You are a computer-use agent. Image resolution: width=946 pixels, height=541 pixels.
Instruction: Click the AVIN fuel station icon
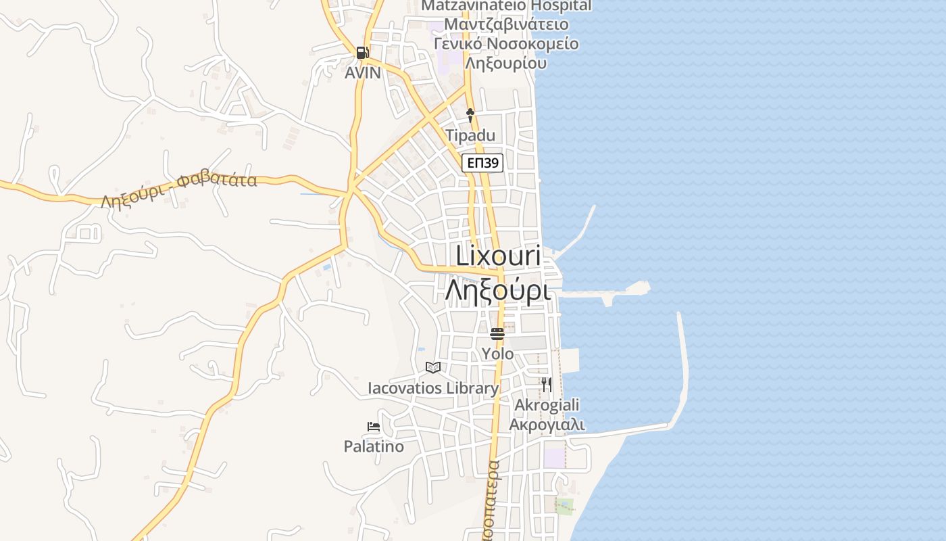pyautogui.click(x=362, y=53)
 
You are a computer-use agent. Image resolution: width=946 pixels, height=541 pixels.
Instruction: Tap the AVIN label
pyautogui.click(x=363, y=72)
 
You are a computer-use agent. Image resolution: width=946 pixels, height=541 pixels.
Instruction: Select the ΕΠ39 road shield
pyautogui.click(x=483, y=162)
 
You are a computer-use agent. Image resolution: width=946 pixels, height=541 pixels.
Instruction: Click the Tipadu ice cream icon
pyautogui.click(x=470, y=115)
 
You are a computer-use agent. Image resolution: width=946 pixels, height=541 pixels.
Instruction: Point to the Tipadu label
pyautogui.click(x=470, y=135)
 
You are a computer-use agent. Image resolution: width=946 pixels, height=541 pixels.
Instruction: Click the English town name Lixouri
pyautogui.click(x=498, y=256)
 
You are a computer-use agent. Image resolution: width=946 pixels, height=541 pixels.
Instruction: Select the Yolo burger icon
pyautogui.click(x=497, y=333)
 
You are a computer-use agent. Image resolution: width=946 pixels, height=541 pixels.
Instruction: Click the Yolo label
pyautogui.click(x=497, y=353)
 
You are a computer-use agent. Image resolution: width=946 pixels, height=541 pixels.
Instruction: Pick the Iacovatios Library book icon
pyautogui.click(x=433, y=367)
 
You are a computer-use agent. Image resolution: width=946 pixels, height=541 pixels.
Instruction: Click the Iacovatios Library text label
pyautogui.click(x=433, y=388)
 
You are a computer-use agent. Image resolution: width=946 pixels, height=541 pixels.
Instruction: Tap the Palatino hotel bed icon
pyautogui.click(x=374, y=427)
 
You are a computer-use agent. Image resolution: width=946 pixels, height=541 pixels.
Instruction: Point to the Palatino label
pyautogui.click(x=374, y=446)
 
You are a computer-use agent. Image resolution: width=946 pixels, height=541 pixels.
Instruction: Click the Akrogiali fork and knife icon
pyautogui.click(x=546, y=384)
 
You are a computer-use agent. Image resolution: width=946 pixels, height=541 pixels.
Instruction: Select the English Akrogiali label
pyautogui.click(x=547, y=405)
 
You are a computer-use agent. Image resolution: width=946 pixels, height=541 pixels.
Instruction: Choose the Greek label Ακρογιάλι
pyautogui.click(x=547, y=425)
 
